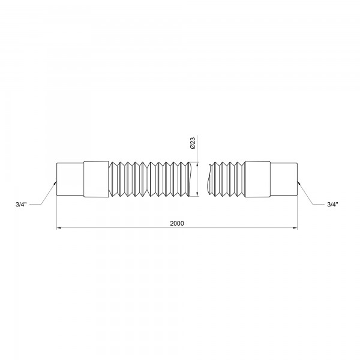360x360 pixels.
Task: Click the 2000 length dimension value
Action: pos(177,223)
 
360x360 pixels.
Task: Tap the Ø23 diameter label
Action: pos(193,143)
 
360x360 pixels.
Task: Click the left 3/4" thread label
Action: pos(21,205)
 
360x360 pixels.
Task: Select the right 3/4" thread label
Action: pos(332,205)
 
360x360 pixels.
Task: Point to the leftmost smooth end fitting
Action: pos(70,179)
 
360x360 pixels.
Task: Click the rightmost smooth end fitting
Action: pos(284,179)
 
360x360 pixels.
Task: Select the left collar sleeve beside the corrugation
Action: pos(96,179)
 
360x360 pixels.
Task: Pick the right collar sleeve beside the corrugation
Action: pos(257,179)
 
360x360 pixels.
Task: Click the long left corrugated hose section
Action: pos(149,179)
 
